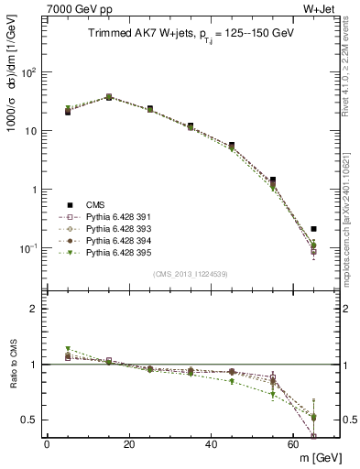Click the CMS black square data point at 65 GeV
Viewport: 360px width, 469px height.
(x=314, y=229)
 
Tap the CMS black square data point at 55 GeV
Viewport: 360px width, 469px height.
(x=273, y=180)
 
